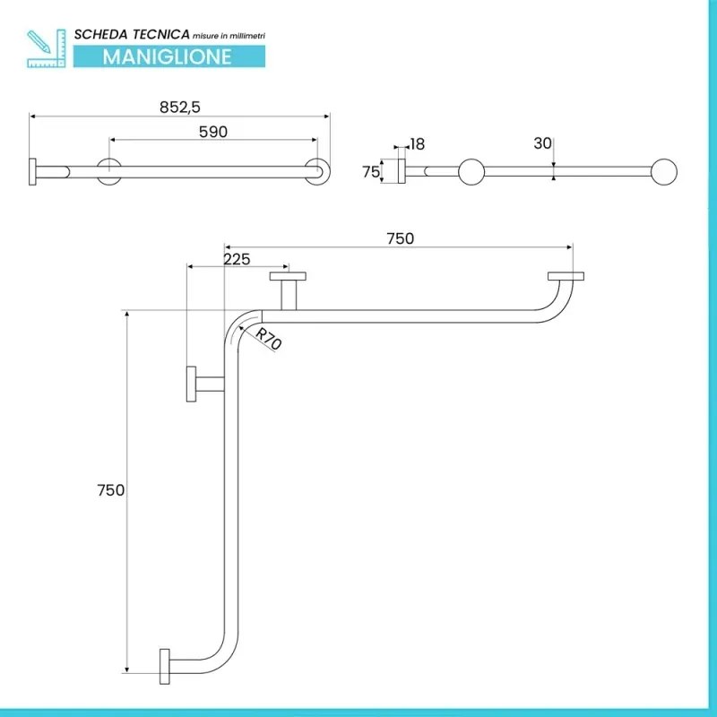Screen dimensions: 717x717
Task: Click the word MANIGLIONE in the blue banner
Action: [167, 56]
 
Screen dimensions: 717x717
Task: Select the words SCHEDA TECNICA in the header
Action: [132, 34]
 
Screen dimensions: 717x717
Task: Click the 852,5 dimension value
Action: [180, 107]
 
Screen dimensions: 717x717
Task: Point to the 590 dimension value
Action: [213, 132]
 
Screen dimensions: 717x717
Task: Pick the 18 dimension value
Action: [418, 143]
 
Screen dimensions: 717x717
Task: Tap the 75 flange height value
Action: [371, 173]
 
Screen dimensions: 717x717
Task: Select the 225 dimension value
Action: [237, 258]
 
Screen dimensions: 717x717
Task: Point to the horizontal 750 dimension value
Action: [400, 238]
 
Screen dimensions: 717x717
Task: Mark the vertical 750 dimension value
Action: [111, 490]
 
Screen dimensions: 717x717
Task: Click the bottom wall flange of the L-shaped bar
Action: [164, 668]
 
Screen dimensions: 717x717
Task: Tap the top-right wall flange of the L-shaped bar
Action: [566, 276]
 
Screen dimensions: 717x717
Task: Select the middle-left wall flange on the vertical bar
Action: [192, 384]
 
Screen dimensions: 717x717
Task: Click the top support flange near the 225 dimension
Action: [289, 277]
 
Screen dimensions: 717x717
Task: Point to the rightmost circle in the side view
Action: [664, 172]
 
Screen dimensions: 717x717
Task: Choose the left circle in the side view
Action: [472, 172]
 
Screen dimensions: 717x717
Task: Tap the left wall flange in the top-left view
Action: [34, 172]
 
